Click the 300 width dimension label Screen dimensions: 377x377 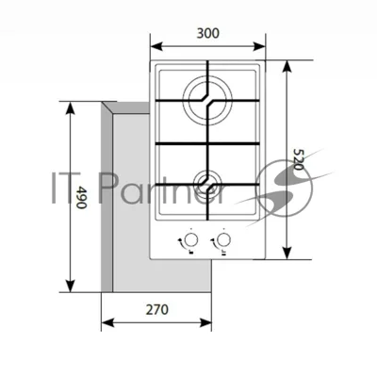coord(208,33)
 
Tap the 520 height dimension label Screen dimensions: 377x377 coord(299,159)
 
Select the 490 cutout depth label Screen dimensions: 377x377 coord(82,198)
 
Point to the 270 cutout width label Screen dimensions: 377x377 coord(156,310)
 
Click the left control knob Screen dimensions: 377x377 coord(191,239)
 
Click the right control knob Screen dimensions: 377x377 coord(223,239)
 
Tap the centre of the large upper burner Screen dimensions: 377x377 coord(207,101)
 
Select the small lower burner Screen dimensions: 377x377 coord(207,183)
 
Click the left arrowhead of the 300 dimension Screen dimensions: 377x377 coord(156,46)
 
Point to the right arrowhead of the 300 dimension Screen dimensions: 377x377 coord(259,46)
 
